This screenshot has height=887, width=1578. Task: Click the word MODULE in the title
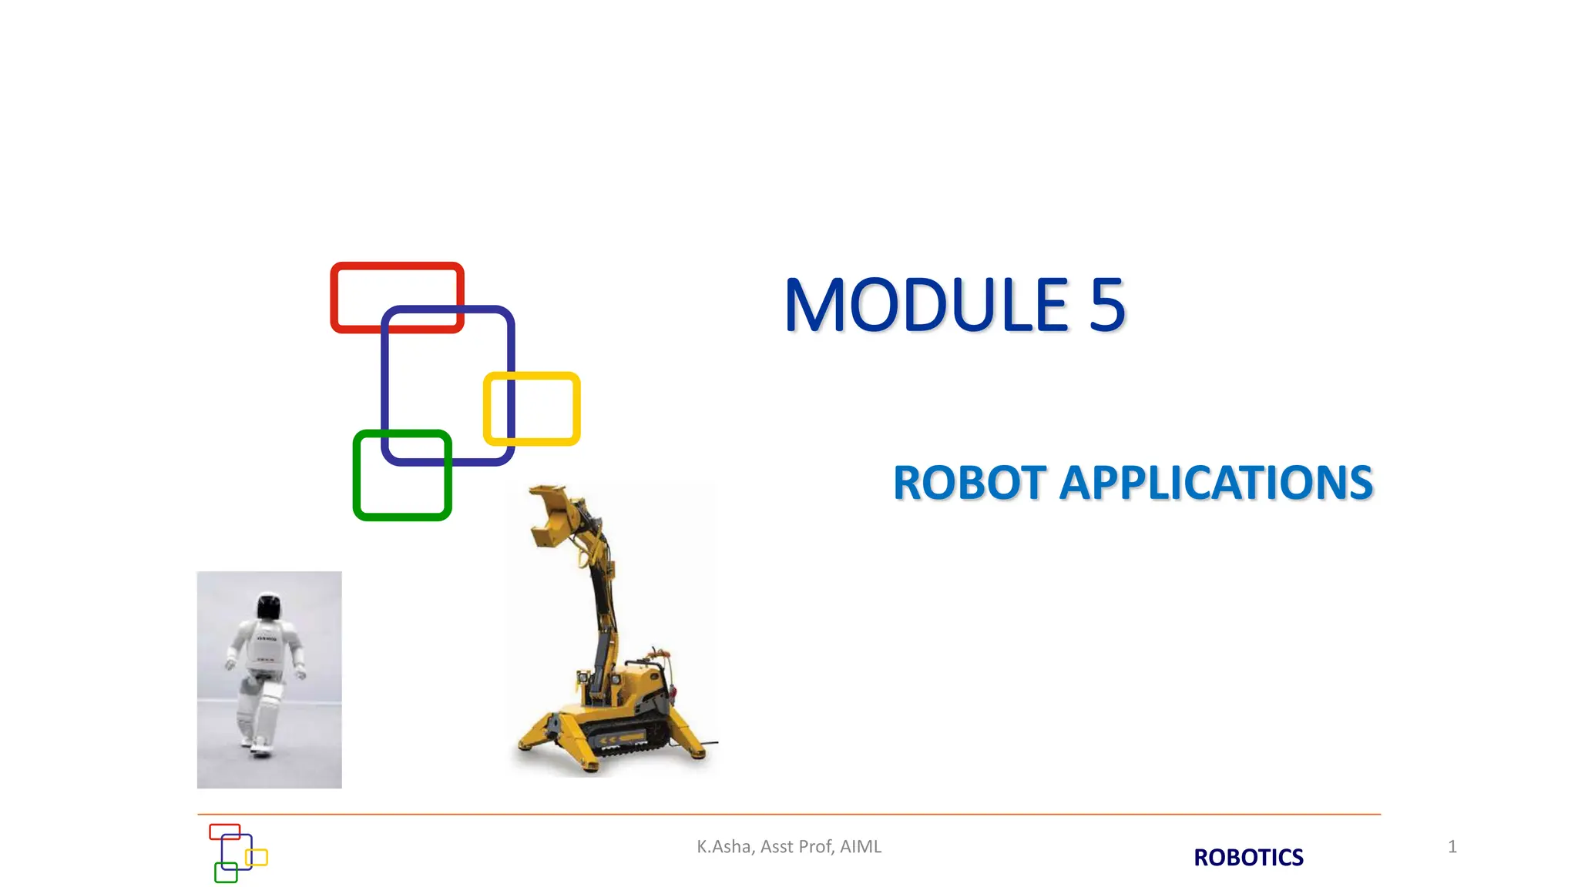click(925, 306)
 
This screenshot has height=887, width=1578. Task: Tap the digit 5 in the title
click(1107, 306)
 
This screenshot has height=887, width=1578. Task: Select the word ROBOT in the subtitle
click(969, 484)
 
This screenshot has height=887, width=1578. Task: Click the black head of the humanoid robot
click(268, 607)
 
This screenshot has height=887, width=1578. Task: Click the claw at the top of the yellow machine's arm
click(551, 516)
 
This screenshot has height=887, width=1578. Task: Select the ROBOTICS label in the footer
click(1248, 857)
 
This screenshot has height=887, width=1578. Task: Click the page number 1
click(1452, 847)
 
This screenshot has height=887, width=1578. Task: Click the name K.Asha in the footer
click(724, 847)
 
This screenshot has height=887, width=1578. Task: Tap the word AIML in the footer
click(861, 847)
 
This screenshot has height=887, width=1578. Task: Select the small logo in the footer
click(237, 852)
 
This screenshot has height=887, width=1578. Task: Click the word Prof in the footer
click(814, 847)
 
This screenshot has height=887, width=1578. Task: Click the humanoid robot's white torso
click(266, 647)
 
